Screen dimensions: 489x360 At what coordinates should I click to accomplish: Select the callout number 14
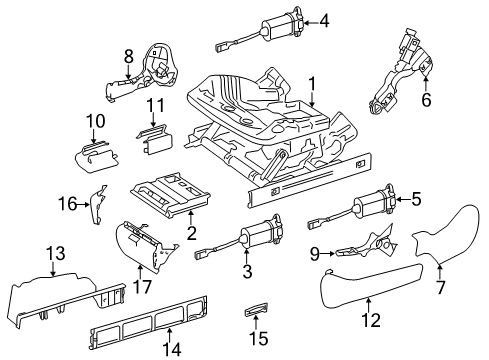click(x=172, y=349)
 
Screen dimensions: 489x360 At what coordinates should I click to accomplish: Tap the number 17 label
click(x=142, y=286)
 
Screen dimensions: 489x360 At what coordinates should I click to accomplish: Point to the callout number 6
click(x=426, y=99)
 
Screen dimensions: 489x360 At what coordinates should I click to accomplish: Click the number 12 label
click(x=371, y=320)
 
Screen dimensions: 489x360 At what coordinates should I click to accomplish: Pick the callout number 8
click(x=129, y=56)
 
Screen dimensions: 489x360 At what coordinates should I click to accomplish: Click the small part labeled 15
click(x=256, y=312)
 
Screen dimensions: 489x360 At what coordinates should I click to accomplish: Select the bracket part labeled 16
click(x=98, y=204)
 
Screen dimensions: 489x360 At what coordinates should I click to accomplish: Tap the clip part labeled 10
click(x=96, y=157)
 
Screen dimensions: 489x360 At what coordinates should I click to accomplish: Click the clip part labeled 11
click(x=154, y=139)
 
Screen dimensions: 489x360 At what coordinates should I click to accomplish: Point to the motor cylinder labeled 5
click(x=373, y=201)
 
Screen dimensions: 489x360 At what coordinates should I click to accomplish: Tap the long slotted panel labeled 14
click(x=149, y=321)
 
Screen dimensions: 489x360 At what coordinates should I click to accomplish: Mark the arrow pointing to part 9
click(x=328, y=254)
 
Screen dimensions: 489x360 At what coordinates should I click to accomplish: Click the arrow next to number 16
click(x=83, y=204)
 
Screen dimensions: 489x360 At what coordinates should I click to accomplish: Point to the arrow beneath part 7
click(x=440, y=271)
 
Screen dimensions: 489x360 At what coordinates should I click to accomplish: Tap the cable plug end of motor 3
click(x=202, y=255)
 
